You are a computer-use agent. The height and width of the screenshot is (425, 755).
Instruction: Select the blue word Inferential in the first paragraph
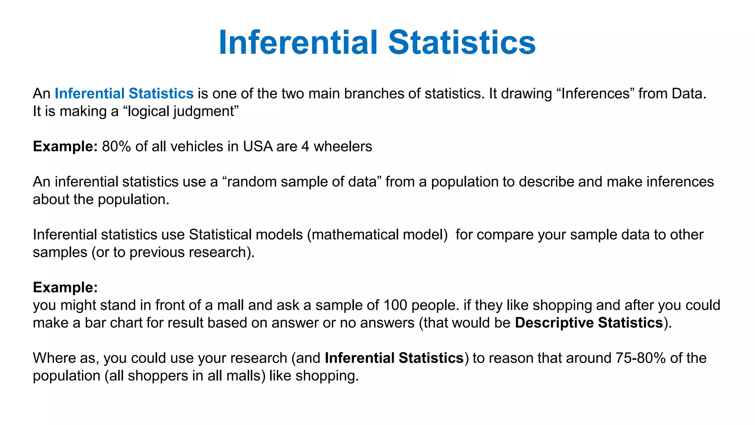[90, 94]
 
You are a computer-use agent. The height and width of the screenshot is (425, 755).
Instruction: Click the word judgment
[204, 111]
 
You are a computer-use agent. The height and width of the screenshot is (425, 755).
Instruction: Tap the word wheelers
[342, 146]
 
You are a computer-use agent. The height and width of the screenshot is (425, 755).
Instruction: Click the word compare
[507, 235]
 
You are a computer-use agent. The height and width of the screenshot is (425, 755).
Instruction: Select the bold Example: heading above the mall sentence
[65, 287]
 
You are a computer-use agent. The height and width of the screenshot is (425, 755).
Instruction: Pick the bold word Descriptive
[554, 323]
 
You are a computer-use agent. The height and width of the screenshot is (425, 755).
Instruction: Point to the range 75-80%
[640, 358]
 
